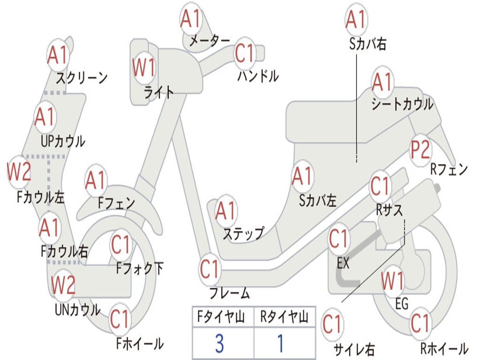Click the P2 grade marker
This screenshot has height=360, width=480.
(x=420, y=150)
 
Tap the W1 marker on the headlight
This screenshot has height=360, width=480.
(x=143, y=67)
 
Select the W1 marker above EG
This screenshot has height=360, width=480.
(x=392, y=281)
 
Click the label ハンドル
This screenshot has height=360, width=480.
(x=258, y=75)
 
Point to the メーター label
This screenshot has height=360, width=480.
(x=210, y=40)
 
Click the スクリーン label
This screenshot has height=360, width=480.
(x=82, y=78)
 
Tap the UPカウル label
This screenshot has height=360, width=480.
(x=63, y=142)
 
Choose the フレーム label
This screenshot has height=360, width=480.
(x=230, y=292)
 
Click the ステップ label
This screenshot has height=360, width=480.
(x=243, y=233)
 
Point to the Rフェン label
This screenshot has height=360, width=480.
(x=449, y=169)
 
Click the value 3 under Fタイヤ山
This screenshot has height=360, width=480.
(x=219, y=344)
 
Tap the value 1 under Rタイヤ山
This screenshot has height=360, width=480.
(x=280, y=344)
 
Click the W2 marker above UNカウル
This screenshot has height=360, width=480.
(x=63, y=285)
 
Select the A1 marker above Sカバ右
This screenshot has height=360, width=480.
(x=356, y=20)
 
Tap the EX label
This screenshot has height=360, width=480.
(x=343, y=262)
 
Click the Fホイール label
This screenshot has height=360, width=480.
(x=140, y=344)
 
